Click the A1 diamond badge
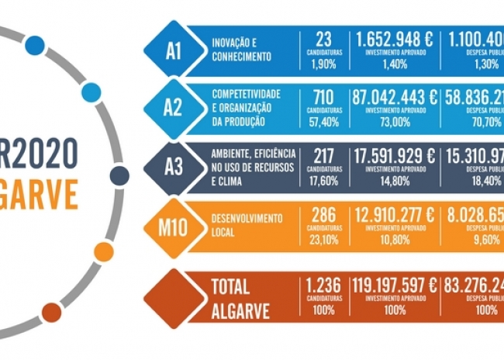(174, 51)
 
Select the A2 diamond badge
(174, 107)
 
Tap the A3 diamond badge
(174, 166)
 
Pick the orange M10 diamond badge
(174, 227)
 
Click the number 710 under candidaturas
(324, 97)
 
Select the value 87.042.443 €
(395, 97)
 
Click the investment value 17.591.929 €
(395, 155)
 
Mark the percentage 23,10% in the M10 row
(324, 241)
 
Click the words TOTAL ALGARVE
(240, 299)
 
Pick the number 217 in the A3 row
(324, 155)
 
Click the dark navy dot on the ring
(119, 175)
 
